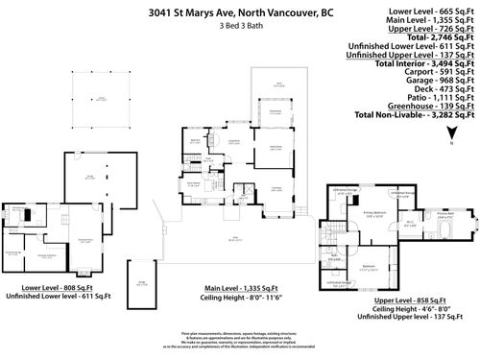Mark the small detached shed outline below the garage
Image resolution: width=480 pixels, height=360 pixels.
click(141, 283)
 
